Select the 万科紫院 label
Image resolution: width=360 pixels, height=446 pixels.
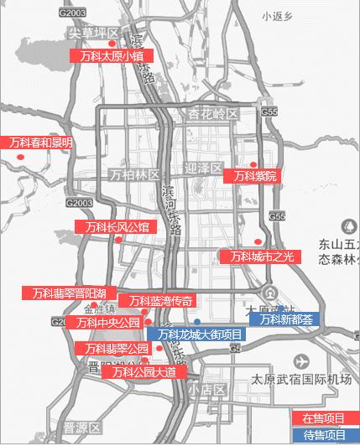coord(255,176)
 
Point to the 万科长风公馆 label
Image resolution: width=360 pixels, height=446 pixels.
coord(116,226)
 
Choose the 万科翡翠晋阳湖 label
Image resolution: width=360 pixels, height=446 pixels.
coord(69,293)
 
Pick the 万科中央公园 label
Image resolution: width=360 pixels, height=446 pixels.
coord(107,323)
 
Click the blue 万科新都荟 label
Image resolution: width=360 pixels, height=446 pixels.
coord(284,319)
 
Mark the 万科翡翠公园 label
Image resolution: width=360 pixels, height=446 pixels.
coord(112,348)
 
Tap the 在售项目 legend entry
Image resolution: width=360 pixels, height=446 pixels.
coord(324,418)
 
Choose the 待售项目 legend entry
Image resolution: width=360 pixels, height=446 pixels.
coord(324,435)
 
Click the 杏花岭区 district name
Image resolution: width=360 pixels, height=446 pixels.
coord(213,113)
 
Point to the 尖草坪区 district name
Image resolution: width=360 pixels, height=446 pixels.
coord(92,33)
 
